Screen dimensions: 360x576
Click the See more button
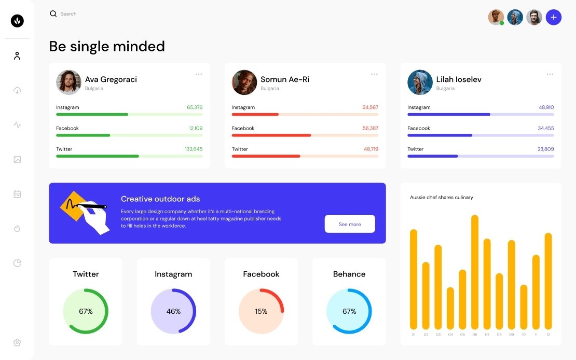(350, 224)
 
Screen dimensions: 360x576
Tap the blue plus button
(554, 17)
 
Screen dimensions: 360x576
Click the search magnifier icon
(53, 14)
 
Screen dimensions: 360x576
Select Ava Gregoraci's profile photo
(68, 82)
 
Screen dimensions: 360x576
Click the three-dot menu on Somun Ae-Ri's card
(374, 74)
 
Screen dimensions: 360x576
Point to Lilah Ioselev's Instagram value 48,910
(546, 107)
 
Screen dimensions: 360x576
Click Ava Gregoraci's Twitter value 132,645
(194, 149)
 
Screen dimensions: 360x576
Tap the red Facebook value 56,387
(371, 128)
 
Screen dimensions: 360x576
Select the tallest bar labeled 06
(474, 272)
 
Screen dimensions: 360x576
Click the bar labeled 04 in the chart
(450, 308)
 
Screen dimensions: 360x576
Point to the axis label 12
(548, 335)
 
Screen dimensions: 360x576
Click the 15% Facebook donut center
(261, 311)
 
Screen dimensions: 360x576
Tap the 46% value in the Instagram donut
(173, 311)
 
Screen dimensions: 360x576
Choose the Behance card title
(349, 274)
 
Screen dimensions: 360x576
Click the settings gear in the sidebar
(17, 342)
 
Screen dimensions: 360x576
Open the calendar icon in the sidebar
(17, 194)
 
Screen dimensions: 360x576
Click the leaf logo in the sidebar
(17, 21)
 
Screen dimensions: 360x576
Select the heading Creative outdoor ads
(160, 199)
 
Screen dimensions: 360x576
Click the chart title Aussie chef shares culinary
(442, 197)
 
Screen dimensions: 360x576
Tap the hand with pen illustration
(91, 213)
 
